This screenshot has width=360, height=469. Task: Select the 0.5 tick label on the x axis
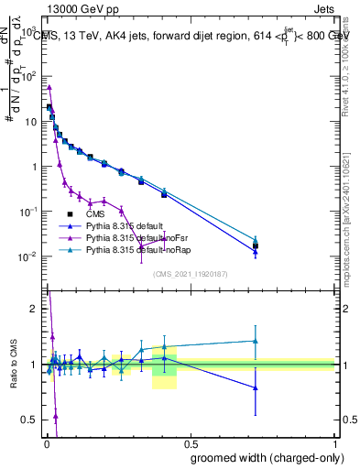(x=191, y=442)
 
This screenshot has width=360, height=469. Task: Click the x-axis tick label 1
(x=335, y=442)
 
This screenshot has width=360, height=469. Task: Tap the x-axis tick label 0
(x=46, y=442)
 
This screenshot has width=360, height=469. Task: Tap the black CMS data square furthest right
(x=256, y=245)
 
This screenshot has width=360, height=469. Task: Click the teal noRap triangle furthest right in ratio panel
(x=256, y=341)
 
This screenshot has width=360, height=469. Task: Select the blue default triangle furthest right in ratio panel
(x=256, y=387)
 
